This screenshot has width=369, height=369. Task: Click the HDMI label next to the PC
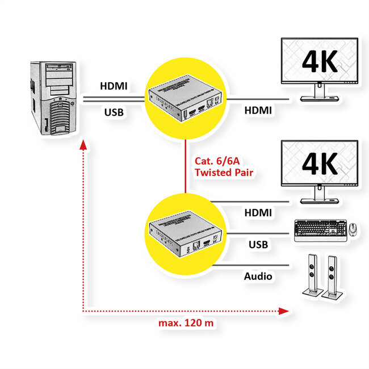pyautogui.click(x=114, y=87)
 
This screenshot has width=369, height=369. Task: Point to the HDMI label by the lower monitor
pyautogui.click(x=257, y=212)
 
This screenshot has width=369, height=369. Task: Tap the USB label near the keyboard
pyautogui.click(x=258, y=245)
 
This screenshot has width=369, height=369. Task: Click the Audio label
pyautogui.click(x=258, y=276)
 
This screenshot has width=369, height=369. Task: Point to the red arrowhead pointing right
pyautogui.click(x=286, y=311)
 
